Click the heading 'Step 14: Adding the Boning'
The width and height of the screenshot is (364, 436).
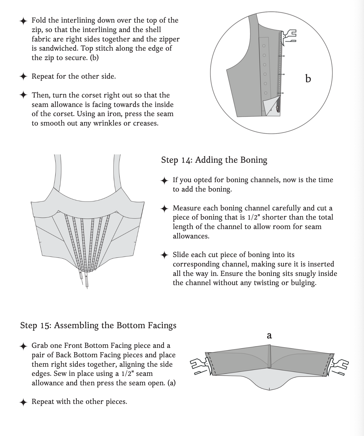coord(214,160)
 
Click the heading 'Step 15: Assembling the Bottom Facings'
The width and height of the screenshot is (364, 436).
coord(98,326)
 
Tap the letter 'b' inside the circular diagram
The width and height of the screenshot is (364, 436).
coord(308,79)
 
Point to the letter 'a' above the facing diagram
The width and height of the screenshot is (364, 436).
coord(269,335)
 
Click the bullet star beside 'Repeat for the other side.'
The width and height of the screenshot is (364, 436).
coord(24,77)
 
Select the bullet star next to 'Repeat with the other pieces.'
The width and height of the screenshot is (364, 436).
coord(24,402)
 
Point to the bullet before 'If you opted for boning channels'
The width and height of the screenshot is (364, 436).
coord(164,180)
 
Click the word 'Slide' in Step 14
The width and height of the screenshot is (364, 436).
coord(181,255)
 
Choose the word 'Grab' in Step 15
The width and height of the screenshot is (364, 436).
coord(40,346)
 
